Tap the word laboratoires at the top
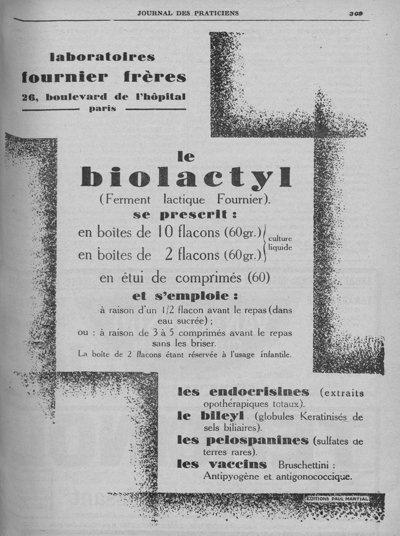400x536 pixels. (x=102, y=56)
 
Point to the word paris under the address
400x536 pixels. (x=102, y=108)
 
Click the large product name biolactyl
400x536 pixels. (x=185, y=177)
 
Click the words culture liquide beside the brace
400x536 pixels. (x=280, y=243)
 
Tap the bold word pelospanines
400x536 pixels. (x=258, y=440)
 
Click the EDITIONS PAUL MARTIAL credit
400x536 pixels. (x=337, y=498)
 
